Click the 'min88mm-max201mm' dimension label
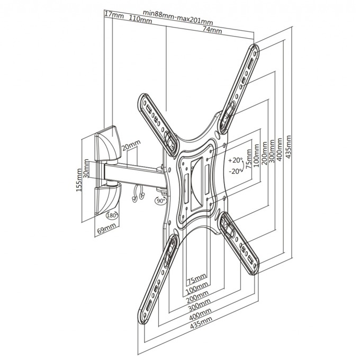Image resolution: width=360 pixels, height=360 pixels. (x=178, y=17)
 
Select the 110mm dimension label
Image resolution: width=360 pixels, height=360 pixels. (x=140, y=19)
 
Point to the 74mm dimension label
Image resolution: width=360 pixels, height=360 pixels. (x=212, y=30)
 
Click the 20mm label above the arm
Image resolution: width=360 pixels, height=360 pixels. (x=131, y=146)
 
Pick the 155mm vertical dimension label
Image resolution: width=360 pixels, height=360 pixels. (x=79, y=180)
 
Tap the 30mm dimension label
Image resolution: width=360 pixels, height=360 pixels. (x=86, y=168)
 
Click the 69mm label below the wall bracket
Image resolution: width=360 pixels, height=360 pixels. (x=106, y=229)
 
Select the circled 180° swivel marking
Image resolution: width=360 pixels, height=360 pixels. (x=112, y=215)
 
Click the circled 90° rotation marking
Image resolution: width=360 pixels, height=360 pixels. (x=160, y=200)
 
